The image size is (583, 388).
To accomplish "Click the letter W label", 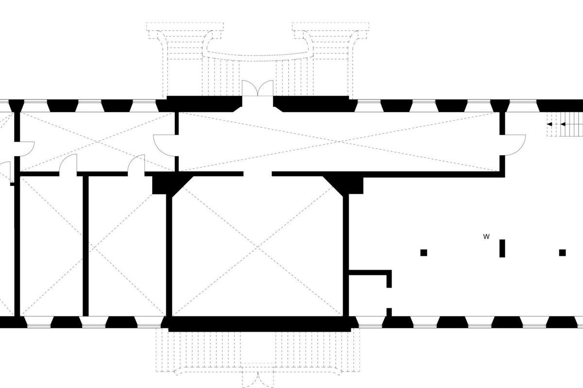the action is click(x=486, y=237).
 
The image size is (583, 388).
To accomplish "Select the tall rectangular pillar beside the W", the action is click(x=502, y=248).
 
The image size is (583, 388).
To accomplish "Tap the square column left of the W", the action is click(x=424, y=253).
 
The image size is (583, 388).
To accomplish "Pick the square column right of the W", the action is click(x=563, y=253).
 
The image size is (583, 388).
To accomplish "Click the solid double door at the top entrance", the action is click(x=257, y=88).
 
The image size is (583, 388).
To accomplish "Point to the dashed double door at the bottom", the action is click(x=258, y=380).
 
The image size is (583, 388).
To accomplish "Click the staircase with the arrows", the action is click(x=564, y=124).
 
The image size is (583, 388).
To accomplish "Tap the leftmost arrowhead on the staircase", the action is click(x=549, y=124).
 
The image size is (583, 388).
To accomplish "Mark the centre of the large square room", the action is click(x=257, y=246).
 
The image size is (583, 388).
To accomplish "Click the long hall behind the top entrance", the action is click(x=338, y=142).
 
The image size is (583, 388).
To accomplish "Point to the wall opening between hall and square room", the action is click(x=257, y=174).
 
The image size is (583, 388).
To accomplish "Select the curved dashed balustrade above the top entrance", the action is click(x=257, y=56).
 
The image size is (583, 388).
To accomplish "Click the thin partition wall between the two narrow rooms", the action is click(x=86, y=246).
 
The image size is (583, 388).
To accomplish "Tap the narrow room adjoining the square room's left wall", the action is click(x=127, y=246).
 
